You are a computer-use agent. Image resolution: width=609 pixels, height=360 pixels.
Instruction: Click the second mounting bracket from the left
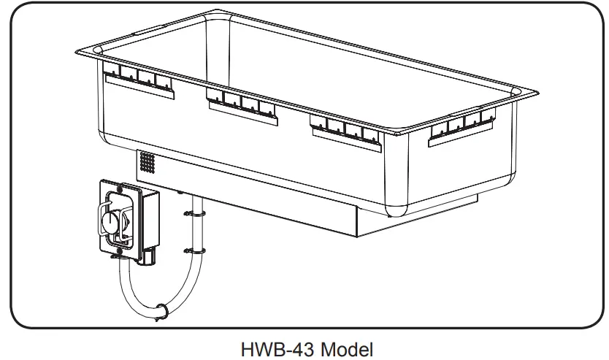pyautogui.click(x=242, y=104)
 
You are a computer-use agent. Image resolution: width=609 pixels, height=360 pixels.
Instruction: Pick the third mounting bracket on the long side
pyautogui.click(x=346, y=128)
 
